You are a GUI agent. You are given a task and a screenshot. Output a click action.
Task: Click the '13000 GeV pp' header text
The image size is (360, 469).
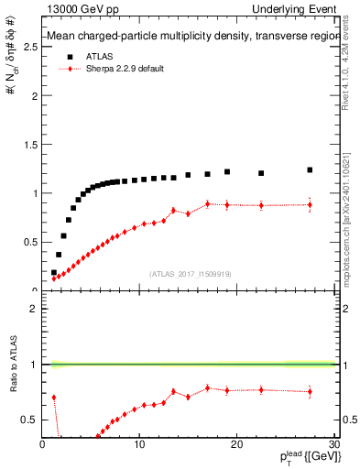pyautogui.click(x=76, y=9)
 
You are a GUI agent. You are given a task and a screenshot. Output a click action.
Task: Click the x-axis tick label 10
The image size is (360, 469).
pyautogui.click(x=139, y=444)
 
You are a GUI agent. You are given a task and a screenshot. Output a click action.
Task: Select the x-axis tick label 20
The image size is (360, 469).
pyautogui.click(x=236, y=444)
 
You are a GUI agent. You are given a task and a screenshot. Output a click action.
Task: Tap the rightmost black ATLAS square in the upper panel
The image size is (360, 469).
pyautogui.click(x=310, y=169)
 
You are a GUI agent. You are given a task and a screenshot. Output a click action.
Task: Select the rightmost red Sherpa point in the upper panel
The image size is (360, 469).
pyautogui.click(x=310, y=205)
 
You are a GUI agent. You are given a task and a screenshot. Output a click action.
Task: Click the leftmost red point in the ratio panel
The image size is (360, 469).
pyautogui.click(x=54, y=398)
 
